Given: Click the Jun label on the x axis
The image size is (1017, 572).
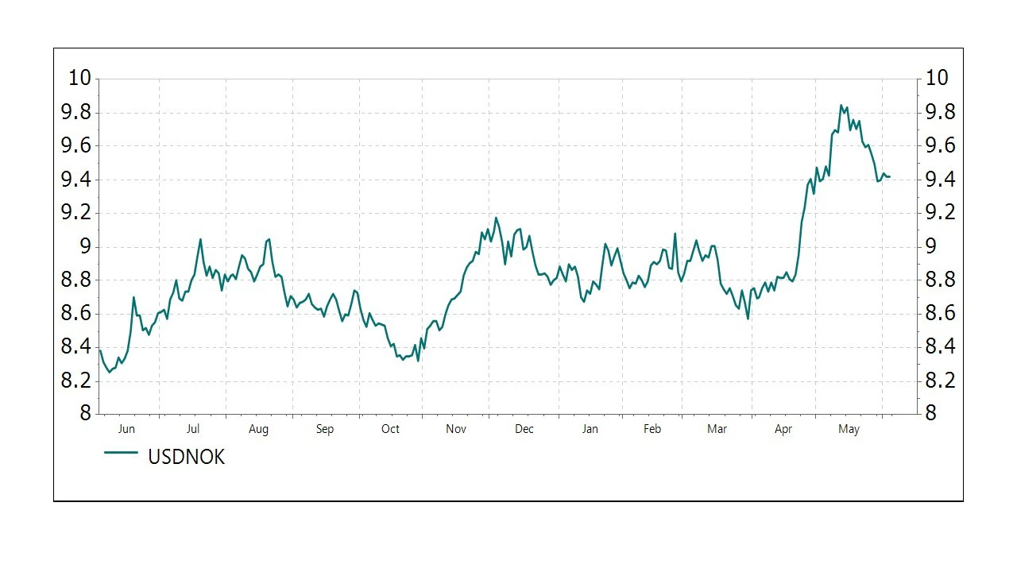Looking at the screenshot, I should (x=126, y=430).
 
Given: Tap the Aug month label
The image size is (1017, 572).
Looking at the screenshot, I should (x=258, y=430).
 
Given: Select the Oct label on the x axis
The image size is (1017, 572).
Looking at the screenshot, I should (x=390, y=430).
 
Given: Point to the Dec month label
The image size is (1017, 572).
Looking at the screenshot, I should (x=524, y=430).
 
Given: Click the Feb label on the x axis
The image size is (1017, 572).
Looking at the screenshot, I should (x=652, y=430).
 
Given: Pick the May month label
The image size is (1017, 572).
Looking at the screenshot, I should (x=849, y=430).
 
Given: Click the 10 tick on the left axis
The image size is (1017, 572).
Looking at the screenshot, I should (x=80, y=78).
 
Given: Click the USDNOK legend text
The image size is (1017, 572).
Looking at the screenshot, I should (x=186, y=457).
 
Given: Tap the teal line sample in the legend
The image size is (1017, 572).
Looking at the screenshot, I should (x=122, y=453).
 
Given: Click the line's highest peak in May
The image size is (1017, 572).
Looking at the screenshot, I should (x=841, y=105).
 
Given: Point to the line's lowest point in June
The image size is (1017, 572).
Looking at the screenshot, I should (x=110, y=372).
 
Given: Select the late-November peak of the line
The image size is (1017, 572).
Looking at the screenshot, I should (x=496, y=217).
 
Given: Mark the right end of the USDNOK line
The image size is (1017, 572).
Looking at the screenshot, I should (x=889, y=176).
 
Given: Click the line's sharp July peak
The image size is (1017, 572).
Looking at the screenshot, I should (x=200, y=238).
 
